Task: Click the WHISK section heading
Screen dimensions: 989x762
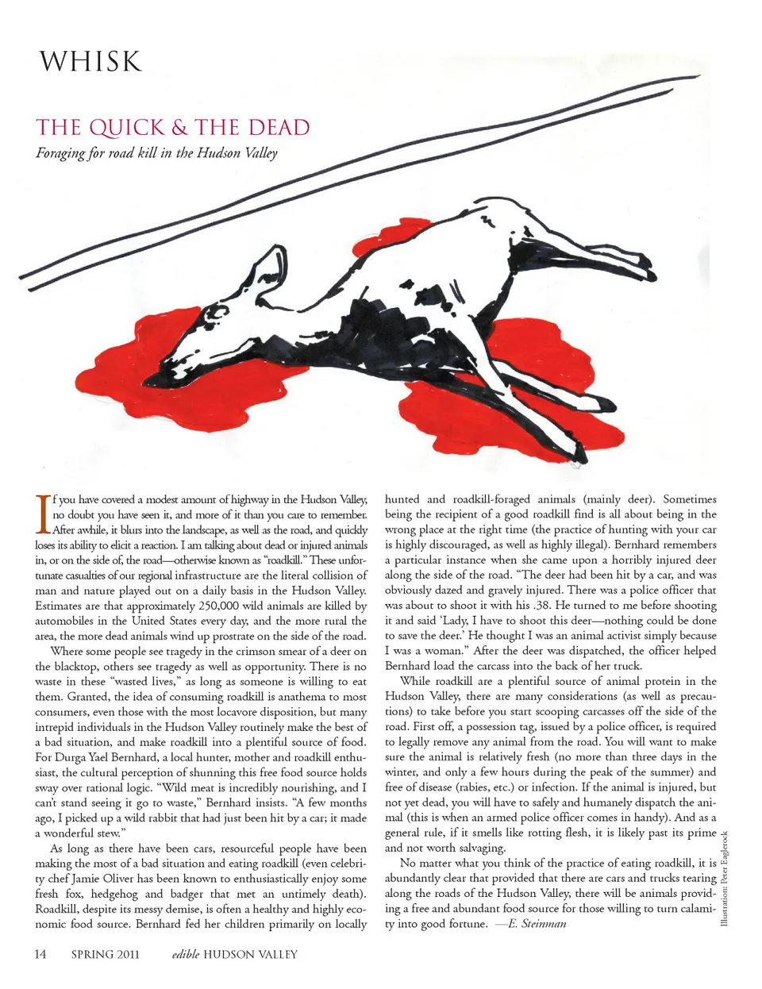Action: coord(90,62)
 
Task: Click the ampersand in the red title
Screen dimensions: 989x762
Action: coord(179,128)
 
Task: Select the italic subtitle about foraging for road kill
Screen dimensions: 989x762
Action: coord(156,153)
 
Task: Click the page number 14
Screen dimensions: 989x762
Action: coord(40,954)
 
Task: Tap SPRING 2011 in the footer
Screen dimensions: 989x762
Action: coord(105,954)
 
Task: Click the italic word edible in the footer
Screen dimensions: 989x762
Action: coord(186,954)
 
